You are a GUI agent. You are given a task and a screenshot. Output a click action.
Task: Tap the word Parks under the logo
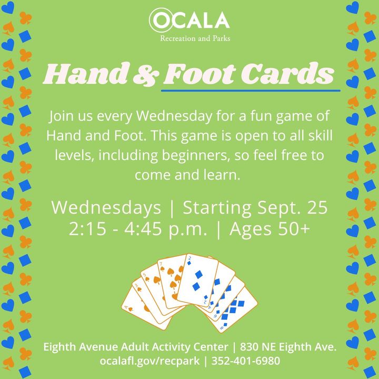point(222,38)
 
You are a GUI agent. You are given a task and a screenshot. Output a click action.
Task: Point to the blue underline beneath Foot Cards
point(251,91)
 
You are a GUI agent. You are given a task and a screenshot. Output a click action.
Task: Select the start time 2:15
point(87,228)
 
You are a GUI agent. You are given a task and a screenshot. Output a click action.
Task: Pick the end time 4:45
point(143,228)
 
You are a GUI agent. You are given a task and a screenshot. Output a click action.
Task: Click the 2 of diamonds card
point(197,281)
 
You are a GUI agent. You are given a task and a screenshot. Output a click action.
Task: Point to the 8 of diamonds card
point(236,312)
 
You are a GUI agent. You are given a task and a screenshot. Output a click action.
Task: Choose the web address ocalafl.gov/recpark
point(149,361)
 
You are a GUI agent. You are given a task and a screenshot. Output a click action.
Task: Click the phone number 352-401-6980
point(246,361)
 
